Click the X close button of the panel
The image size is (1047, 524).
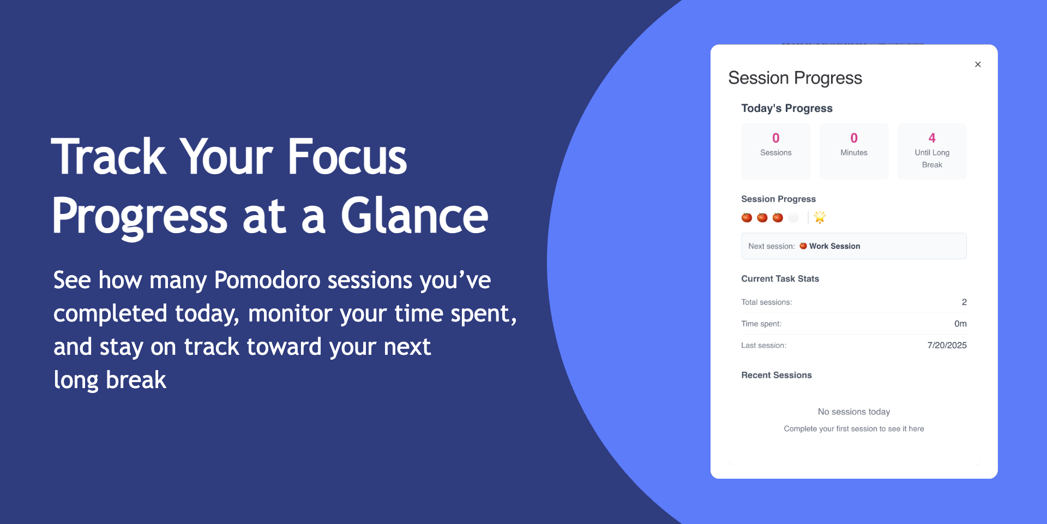(978, 64)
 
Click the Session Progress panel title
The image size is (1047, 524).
(795, 78)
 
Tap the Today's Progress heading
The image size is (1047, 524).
(787, 108)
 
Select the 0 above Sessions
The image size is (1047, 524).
(776, 138)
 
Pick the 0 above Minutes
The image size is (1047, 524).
(854, 138)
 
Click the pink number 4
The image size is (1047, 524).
(932, 138)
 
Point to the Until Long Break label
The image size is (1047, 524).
(932, 159)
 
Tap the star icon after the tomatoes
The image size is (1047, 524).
(820, 217)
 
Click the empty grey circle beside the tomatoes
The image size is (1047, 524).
(793, 218)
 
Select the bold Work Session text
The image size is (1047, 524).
(834, 246)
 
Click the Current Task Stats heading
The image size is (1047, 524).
(780, 279)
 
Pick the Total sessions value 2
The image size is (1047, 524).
(964, 302)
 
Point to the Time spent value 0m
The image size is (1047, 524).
(960, 324)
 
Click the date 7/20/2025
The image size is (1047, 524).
(947, 346)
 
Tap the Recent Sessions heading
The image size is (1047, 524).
(777, 375)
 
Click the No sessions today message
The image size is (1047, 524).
(854, 412)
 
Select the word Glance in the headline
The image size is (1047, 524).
(414, 216)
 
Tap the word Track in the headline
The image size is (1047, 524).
(109, 157)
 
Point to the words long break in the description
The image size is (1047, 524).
(110, 380)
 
